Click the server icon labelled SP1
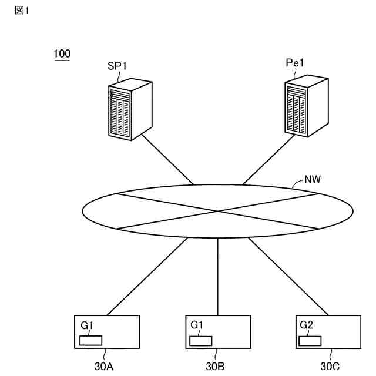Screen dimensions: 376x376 (130, 110)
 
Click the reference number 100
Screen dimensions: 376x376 (62, 55)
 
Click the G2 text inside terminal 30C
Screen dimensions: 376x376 (306, 324)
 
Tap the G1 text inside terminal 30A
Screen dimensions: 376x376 (87, 324)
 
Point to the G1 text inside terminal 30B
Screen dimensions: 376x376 (197, 324)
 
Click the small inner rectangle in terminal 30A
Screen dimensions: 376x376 (91, 340)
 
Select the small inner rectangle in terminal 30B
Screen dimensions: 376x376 (202, 340)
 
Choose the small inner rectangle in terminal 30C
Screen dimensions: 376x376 (310, 340)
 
